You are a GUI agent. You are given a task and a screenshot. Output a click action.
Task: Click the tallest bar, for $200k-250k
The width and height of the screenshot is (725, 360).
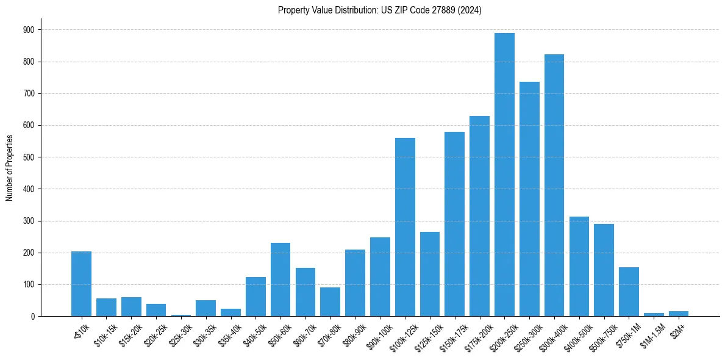point(504,175)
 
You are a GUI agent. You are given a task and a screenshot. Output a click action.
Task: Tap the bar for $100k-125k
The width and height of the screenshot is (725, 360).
point(405,227)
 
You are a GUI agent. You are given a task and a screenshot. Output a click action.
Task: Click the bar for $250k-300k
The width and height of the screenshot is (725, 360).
point(529,199)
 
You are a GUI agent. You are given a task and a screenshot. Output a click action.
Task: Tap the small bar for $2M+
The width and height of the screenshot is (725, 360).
point(679,314)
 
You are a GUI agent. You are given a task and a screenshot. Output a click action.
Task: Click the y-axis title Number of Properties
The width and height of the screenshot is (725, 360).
point(9,167)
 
